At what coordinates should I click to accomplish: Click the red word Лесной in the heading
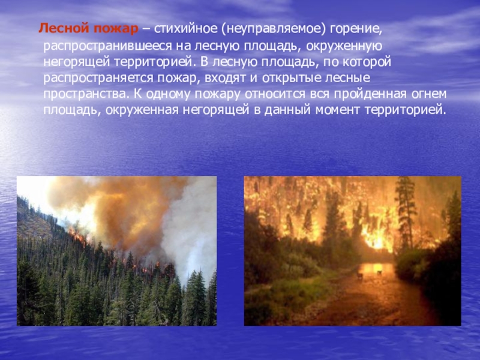(x=64, y=29)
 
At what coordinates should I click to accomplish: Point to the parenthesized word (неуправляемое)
(x=273, y=29)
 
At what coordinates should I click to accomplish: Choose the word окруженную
(x=344, y=46)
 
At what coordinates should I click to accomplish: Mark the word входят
(x=225, y=78)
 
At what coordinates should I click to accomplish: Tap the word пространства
(x=85, y=94)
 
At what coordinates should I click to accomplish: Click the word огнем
(x=428, y=94)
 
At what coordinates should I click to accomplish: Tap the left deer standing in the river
(x=359, y=275)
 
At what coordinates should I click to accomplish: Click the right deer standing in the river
(x=379, y=272)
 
